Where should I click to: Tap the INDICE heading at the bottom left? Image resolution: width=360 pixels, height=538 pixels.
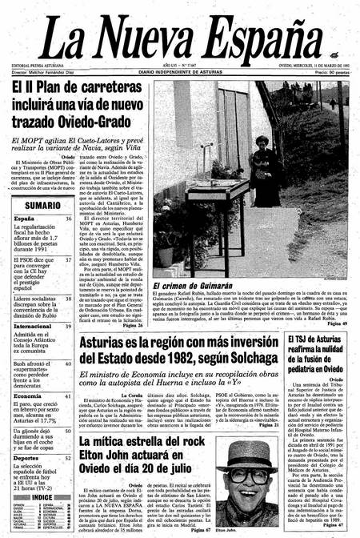pyautogui.click(x=42, y=496)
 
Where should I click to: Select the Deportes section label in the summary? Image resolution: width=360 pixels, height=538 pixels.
pyautogui.click(x=27, y=459)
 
